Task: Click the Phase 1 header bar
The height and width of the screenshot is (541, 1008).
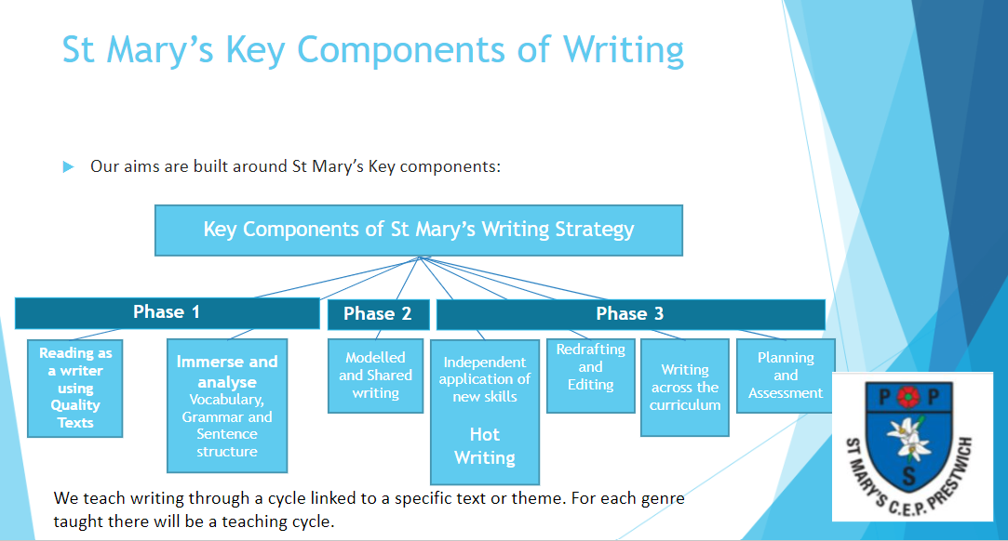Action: (168, 312)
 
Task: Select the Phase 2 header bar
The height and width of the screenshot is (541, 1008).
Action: (378, 314)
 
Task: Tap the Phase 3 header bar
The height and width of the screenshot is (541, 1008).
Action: (631, 314)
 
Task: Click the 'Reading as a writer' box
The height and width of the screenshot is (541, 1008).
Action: (75, 389)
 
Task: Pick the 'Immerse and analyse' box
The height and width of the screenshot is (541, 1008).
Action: (227, 405)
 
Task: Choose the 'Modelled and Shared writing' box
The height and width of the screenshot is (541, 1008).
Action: (375, 376)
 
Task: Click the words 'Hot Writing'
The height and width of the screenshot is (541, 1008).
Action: (485, 446)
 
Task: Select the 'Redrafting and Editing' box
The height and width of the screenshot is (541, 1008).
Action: (591, 376)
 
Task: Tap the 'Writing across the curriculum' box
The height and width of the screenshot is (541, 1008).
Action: (685, 388)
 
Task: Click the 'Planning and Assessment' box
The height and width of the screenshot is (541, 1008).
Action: (786, 376)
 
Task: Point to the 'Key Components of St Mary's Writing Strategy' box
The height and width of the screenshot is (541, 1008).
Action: (419, 231)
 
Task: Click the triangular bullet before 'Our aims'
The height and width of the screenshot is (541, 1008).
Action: (68, 167)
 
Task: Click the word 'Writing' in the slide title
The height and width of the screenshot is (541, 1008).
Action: (624, 50)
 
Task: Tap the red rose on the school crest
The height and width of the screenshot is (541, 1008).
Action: (907, 397)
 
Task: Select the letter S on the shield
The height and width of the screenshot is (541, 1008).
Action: (909, 476)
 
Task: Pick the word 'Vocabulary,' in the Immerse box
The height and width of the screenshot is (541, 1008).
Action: (227, 400)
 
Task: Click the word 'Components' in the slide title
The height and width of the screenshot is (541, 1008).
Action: (401, 50)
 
